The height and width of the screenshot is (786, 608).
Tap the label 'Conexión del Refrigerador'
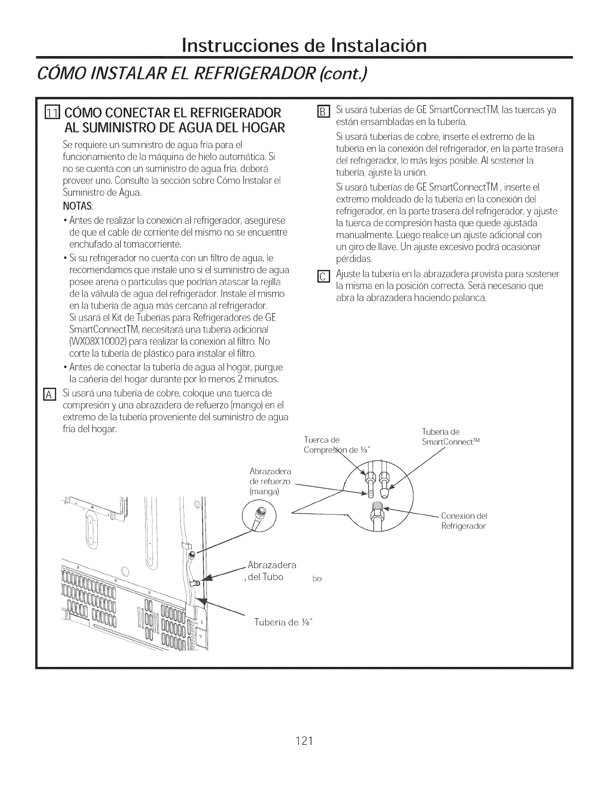point(463,521)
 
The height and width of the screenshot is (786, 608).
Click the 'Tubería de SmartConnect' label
point(451,437)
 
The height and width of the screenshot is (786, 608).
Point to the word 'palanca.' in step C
point(469,298)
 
